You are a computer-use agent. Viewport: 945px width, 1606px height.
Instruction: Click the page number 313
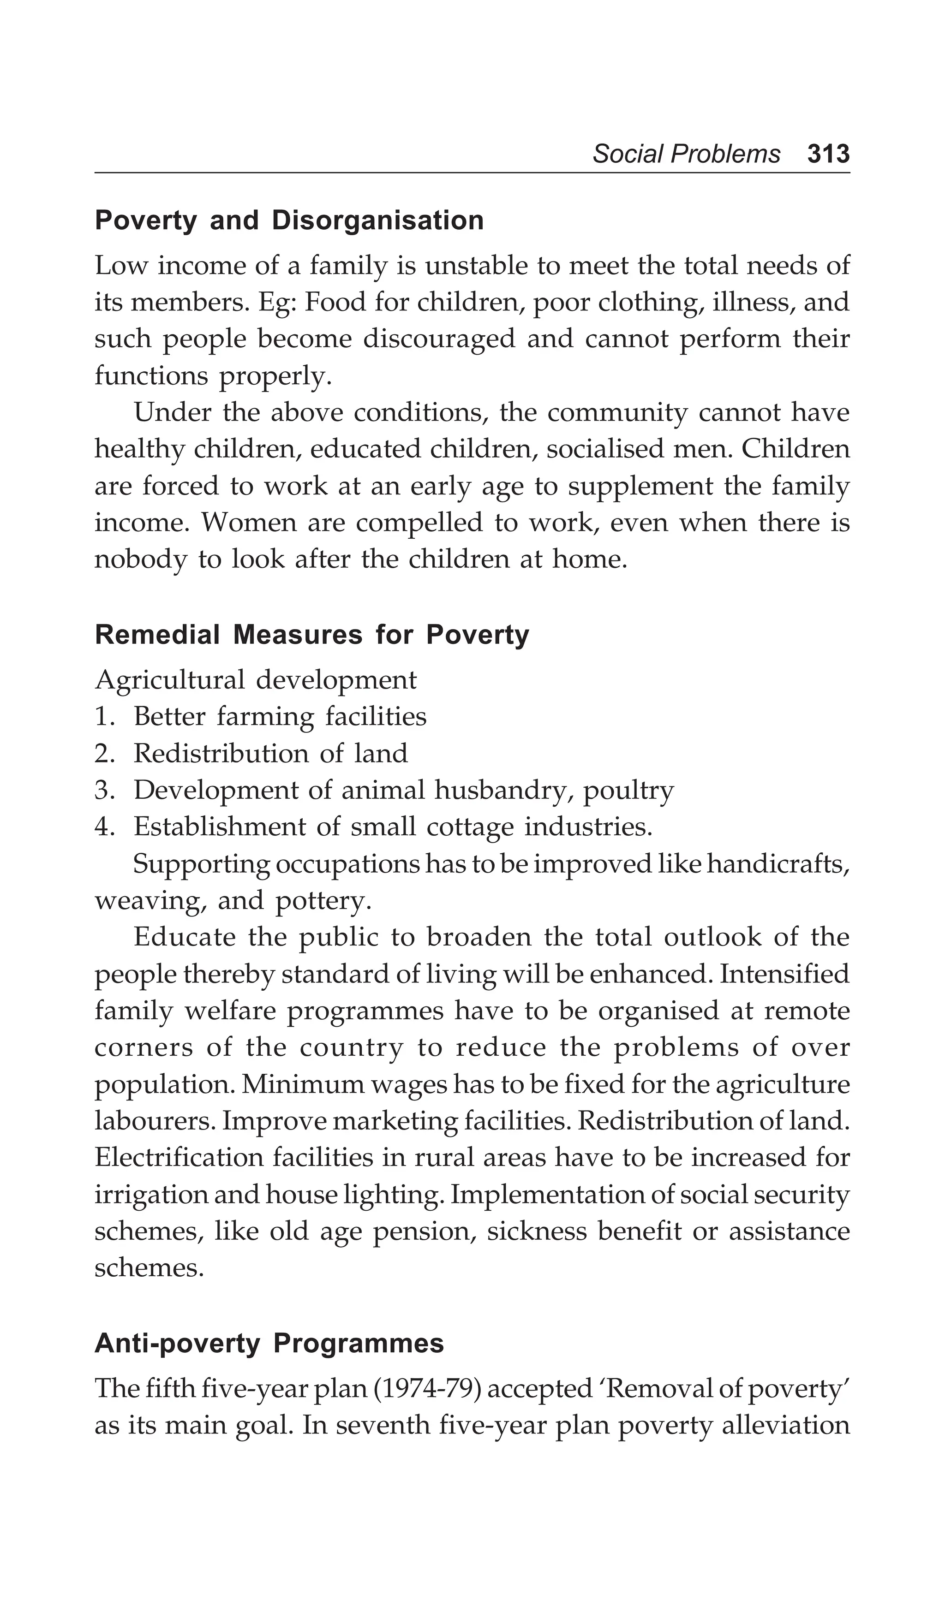tap(828, 154)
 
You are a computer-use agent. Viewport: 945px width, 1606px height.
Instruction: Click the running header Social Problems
tap(686, 154)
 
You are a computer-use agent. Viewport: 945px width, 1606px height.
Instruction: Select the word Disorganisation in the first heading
tap(377, 220)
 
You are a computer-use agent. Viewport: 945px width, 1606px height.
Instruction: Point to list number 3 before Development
tap(103, 791)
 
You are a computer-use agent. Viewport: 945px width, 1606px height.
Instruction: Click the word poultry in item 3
tap(628, 791)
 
